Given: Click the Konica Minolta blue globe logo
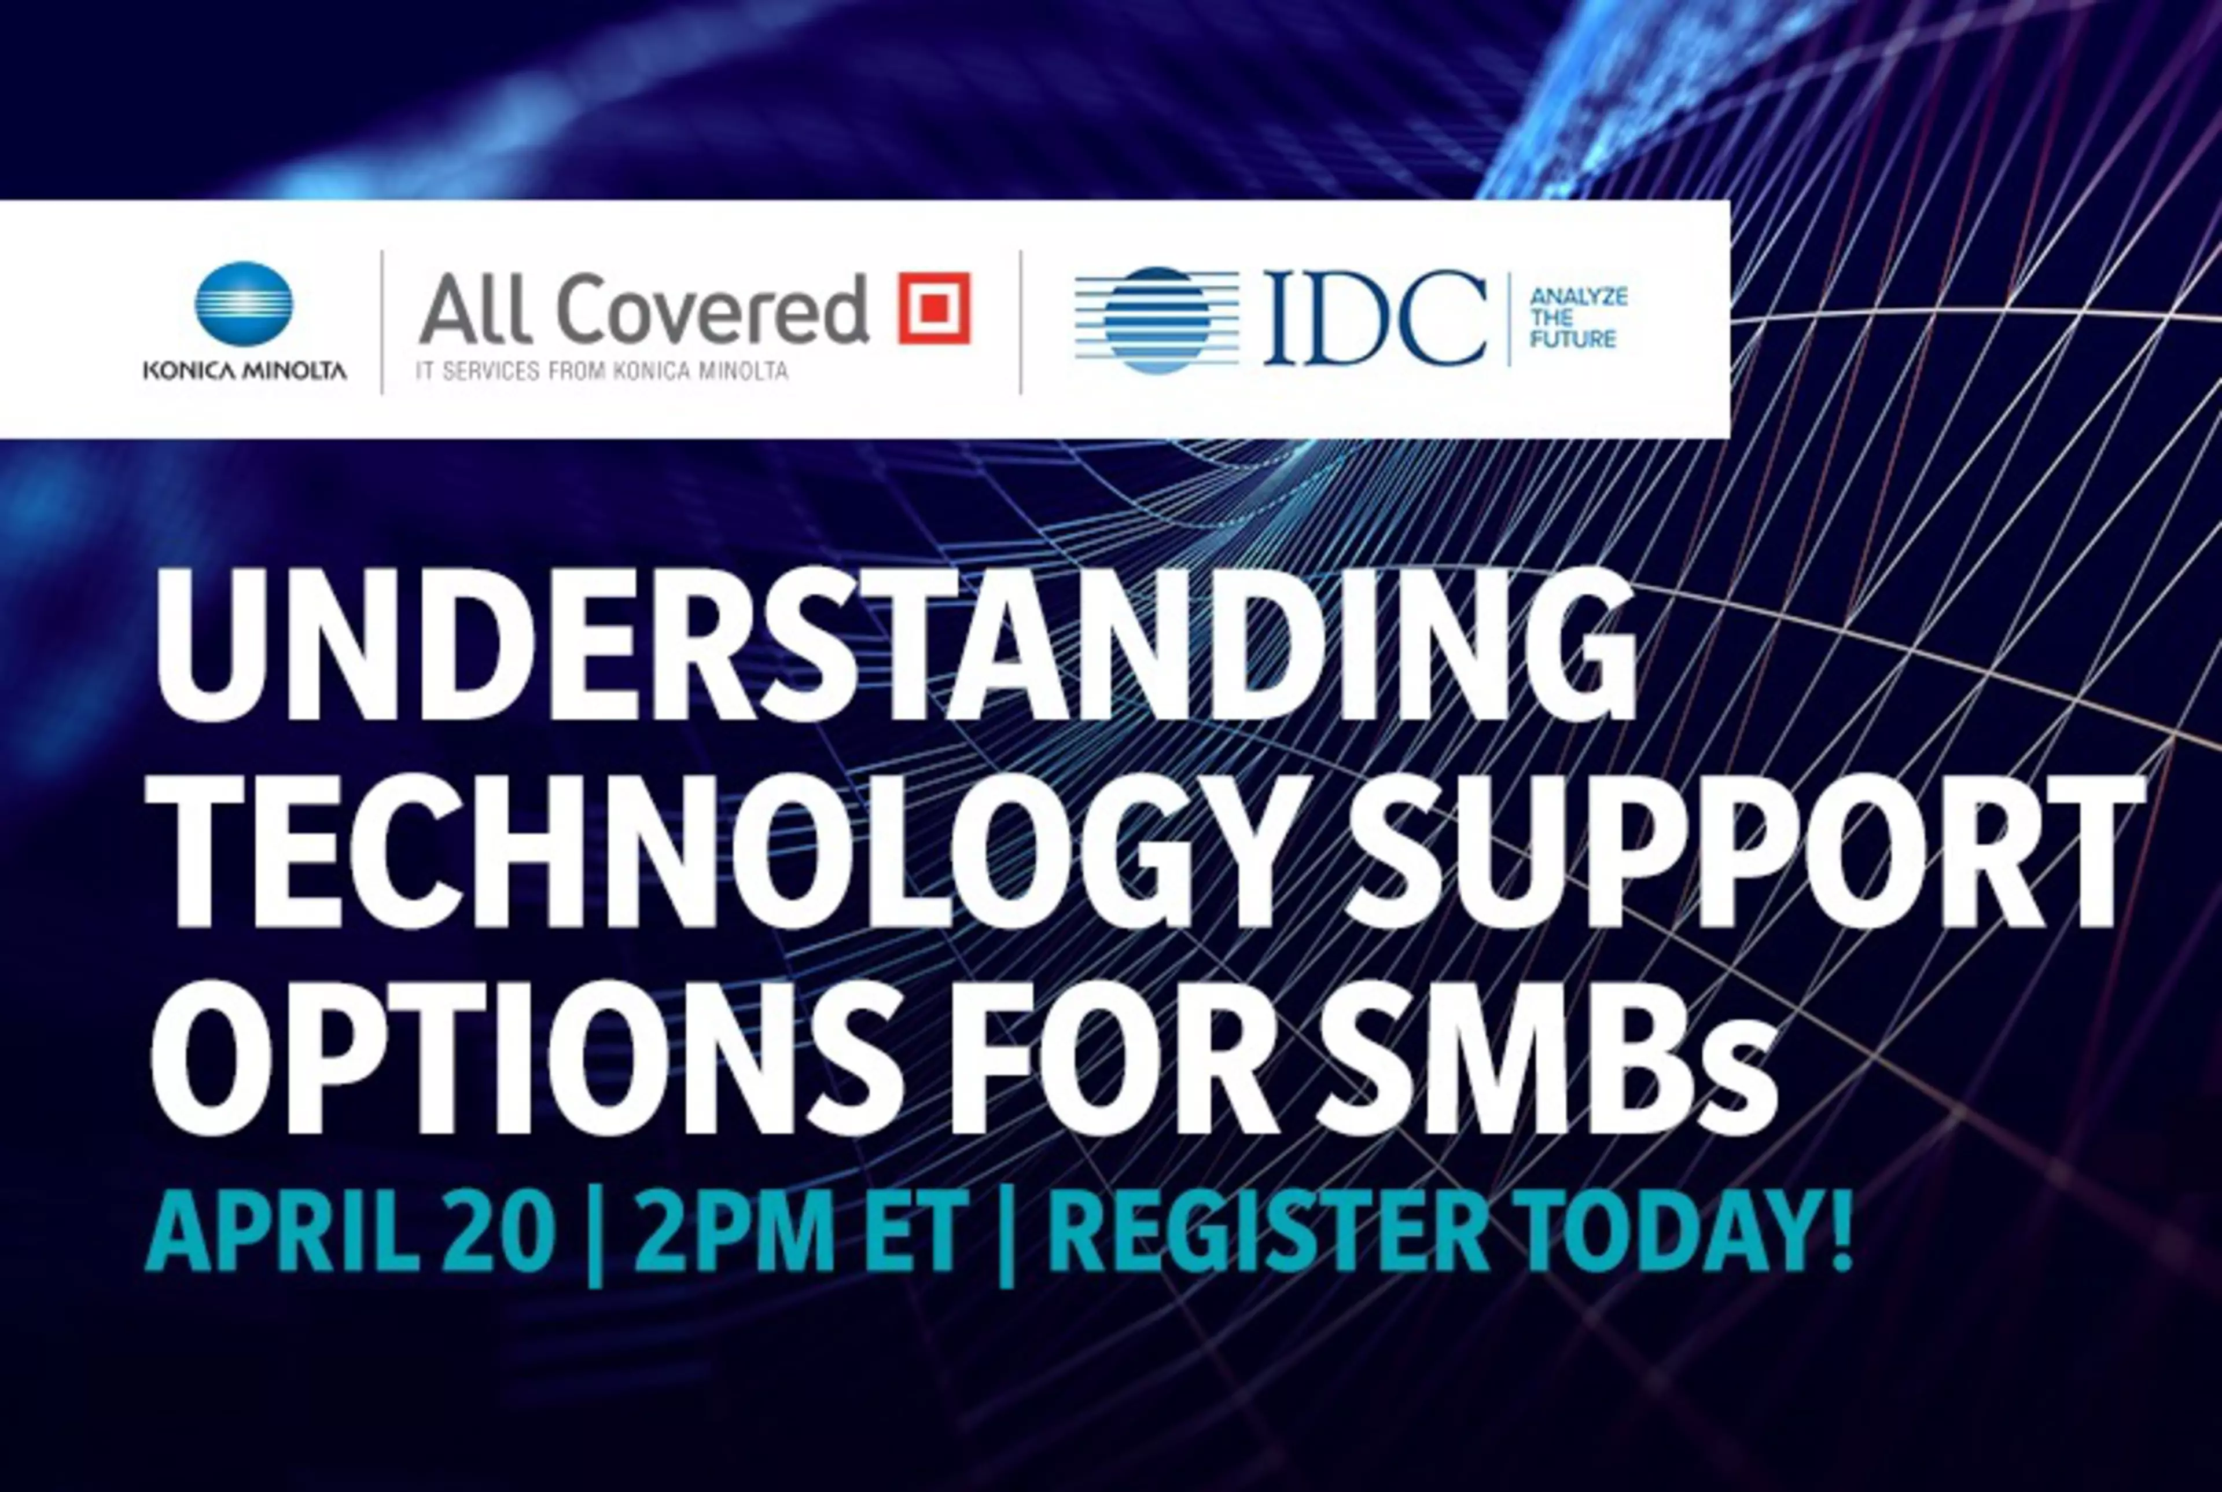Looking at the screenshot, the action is [x=244, y=303].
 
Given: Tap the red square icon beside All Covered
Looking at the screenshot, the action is [x=934, y=307].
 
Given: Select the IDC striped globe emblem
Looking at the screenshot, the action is [x=1157, y=319].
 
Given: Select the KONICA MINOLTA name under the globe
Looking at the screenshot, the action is [x=244, y=370].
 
